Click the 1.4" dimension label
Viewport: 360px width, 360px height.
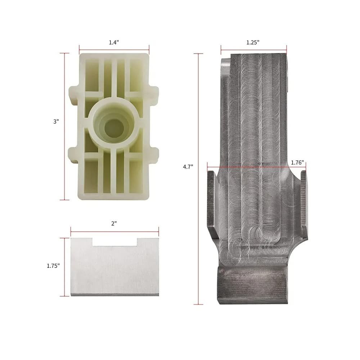114,42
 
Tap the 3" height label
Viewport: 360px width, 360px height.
56,121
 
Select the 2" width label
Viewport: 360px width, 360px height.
114,224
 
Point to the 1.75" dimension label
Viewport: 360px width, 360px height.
53,266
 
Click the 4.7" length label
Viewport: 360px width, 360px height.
188,167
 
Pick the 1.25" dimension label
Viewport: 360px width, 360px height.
253,42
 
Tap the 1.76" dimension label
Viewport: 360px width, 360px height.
297,163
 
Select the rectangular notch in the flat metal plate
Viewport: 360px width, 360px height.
115,242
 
